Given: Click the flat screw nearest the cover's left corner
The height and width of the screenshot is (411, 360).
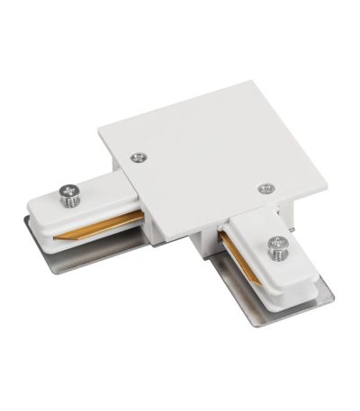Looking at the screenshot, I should [138, 156].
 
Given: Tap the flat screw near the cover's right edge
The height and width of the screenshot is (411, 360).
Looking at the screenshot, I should [265, 188].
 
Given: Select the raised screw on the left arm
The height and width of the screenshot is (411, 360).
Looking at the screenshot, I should [66, 192].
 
